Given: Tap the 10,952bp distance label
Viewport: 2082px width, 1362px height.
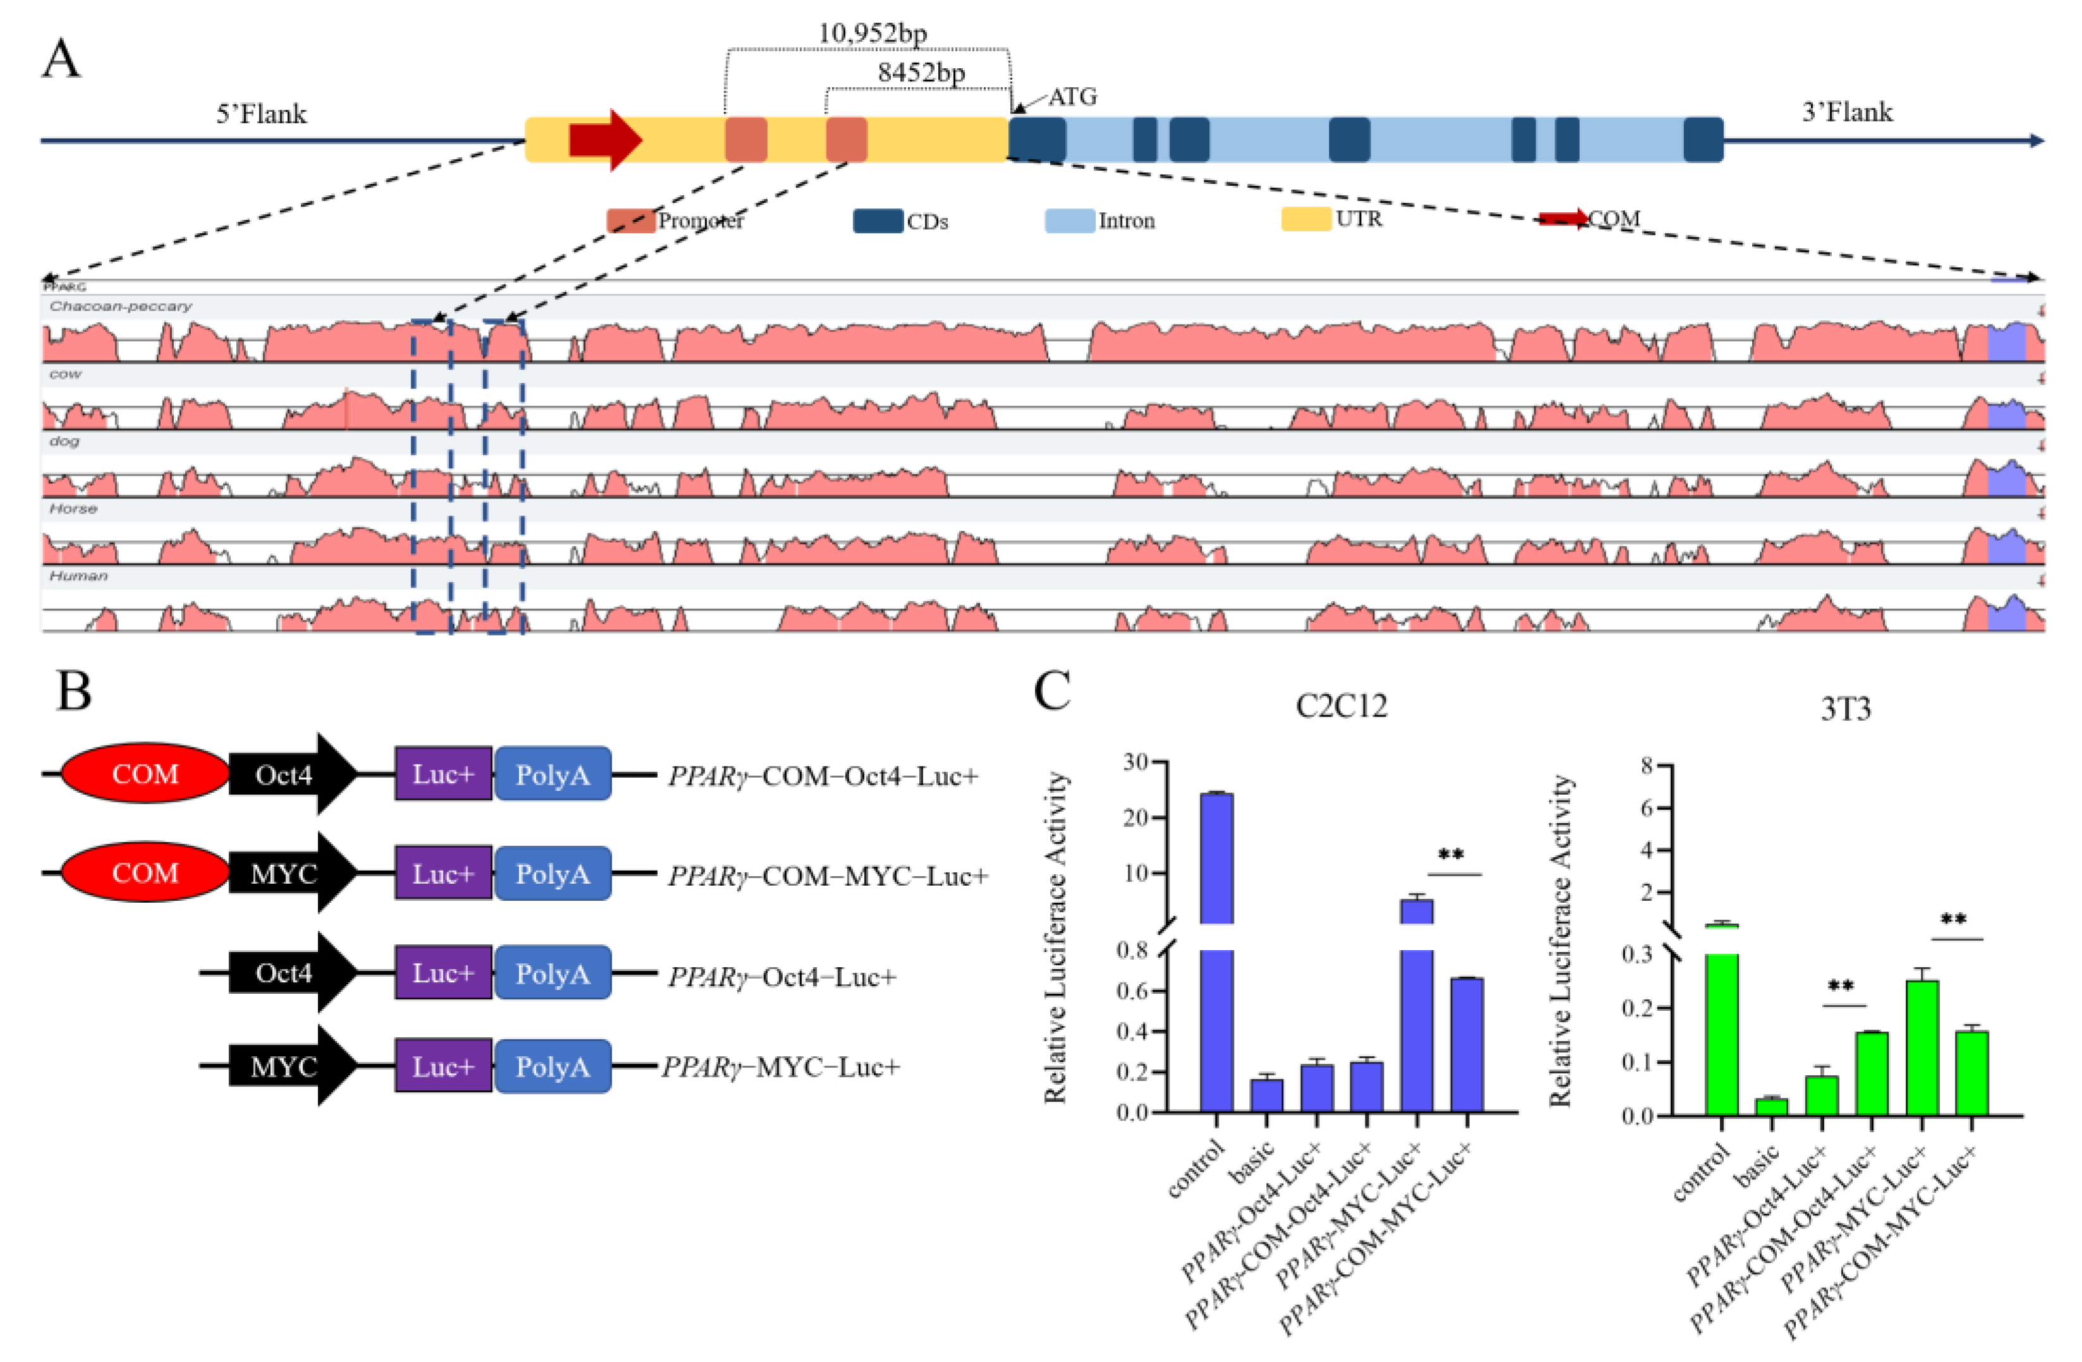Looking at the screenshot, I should pyautogui.click(x=871, y=33).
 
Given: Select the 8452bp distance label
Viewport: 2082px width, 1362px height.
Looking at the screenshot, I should pyautogui.click(x=921, y=73).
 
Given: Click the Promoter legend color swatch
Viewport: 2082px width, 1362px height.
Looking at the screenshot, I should pyautogui.click(x=630, y=220).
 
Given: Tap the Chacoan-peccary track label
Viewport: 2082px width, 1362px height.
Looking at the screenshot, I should pyautogui.click(x=121, y=306).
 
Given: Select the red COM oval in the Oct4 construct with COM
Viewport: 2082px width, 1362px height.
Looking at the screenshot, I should pyautogui.click(x=145, y=773).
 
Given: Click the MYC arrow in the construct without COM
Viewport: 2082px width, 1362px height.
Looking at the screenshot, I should pyautogui.click(x=289, y=1066).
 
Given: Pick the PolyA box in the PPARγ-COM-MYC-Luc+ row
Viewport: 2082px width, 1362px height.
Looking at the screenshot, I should pyautogui.click(x=552, y=873).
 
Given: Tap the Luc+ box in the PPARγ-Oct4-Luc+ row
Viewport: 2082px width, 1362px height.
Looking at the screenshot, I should pyautogui.click(x=443, y=973).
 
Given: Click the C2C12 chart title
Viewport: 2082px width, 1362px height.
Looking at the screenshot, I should pyautogui.click(x=1341, y=706).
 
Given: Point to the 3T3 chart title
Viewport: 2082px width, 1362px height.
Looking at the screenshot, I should pyautogui.click(x=1845, y=709).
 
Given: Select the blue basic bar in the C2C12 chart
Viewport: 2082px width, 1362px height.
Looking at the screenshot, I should pyautogui.click(x=1266, y=1094).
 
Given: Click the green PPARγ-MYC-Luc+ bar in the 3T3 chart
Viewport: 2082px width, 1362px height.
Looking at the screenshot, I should pyautogui.click(x=1922, y=1047).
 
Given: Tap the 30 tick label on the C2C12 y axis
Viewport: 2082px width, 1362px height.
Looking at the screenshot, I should pyautogui.click(x=1135, y=762).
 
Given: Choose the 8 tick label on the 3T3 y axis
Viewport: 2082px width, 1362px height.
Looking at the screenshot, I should pyautogui.click(x=1647, y=766).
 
